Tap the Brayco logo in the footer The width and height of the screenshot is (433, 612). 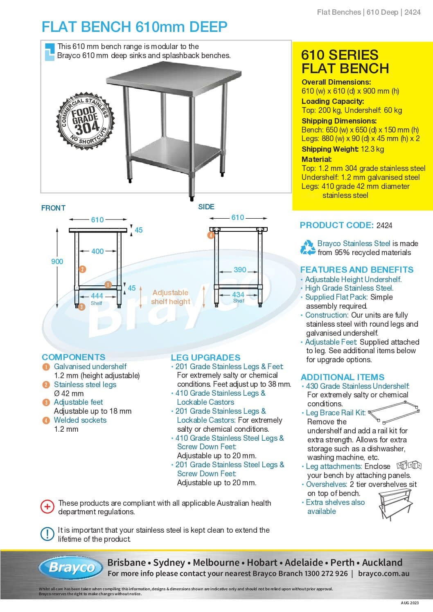71,567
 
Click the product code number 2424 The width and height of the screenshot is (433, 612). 384,225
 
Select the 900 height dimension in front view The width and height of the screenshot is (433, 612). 57,262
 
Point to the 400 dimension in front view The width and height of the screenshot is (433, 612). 97,251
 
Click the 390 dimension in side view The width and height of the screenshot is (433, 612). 240,270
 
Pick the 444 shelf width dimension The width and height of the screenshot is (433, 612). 97,296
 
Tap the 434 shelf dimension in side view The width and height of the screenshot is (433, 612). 238,294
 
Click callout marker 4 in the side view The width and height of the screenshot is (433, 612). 211,235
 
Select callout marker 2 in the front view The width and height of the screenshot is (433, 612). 82,269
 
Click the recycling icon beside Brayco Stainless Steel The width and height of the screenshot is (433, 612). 308,248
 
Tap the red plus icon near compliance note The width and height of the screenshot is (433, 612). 47,507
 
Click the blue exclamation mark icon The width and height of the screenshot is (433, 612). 47,534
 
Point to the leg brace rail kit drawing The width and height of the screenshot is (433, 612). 394,414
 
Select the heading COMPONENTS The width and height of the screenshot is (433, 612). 73,357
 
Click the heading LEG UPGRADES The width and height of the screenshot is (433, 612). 205,357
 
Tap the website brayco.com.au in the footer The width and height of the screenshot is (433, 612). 383,574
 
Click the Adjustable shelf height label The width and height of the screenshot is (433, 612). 170,297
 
